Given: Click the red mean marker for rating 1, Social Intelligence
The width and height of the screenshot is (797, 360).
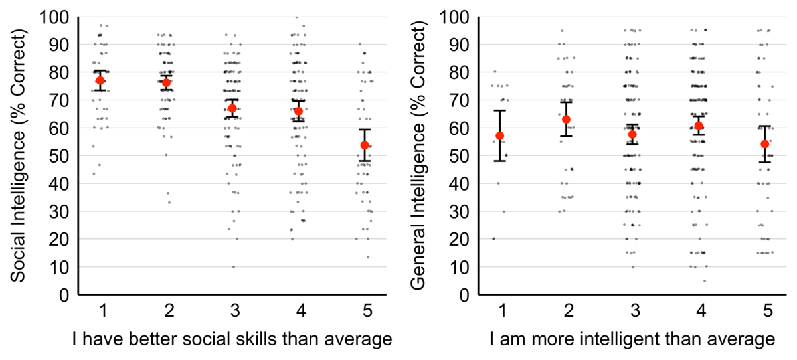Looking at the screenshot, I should click(x=100, y=80).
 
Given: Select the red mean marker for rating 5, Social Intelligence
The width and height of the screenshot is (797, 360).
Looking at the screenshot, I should click(x=364, y=145).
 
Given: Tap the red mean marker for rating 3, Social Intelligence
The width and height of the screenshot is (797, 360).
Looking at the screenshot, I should click(x=232, y=108).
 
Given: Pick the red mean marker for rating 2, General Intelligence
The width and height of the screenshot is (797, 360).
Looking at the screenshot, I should click(x=566, y=119).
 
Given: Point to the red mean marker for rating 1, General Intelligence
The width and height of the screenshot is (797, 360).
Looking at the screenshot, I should click(x=500, y=135).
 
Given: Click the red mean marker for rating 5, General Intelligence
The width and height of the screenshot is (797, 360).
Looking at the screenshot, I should click(x=764, y=144).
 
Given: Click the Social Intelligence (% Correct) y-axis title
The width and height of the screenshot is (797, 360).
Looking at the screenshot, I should click(x=18, y=154).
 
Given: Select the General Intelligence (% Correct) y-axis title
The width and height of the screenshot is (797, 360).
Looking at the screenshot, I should click(x=418, y=154).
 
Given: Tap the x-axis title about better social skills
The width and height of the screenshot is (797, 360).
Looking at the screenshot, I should click(x=232, y=340).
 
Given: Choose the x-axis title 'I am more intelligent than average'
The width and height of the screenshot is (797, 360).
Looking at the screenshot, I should click(x=632, y=340).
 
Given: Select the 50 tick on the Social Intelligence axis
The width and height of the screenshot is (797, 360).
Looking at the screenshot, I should click(x=61, y=156).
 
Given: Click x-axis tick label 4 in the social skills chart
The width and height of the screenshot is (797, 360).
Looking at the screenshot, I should click(x=298, y=312).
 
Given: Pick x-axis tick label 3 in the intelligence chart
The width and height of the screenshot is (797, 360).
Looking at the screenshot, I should click(x=632, y=312).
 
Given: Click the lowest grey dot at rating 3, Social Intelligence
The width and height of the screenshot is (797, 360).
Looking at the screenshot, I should click(x=233, y=267).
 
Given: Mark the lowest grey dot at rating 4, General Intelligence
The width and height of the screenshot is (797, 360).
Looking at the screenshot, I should click(x=705, y=281).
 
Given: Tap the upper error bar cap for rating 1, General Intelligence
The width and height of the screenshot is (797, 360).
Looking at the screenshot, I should click(x=500, y=110).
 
